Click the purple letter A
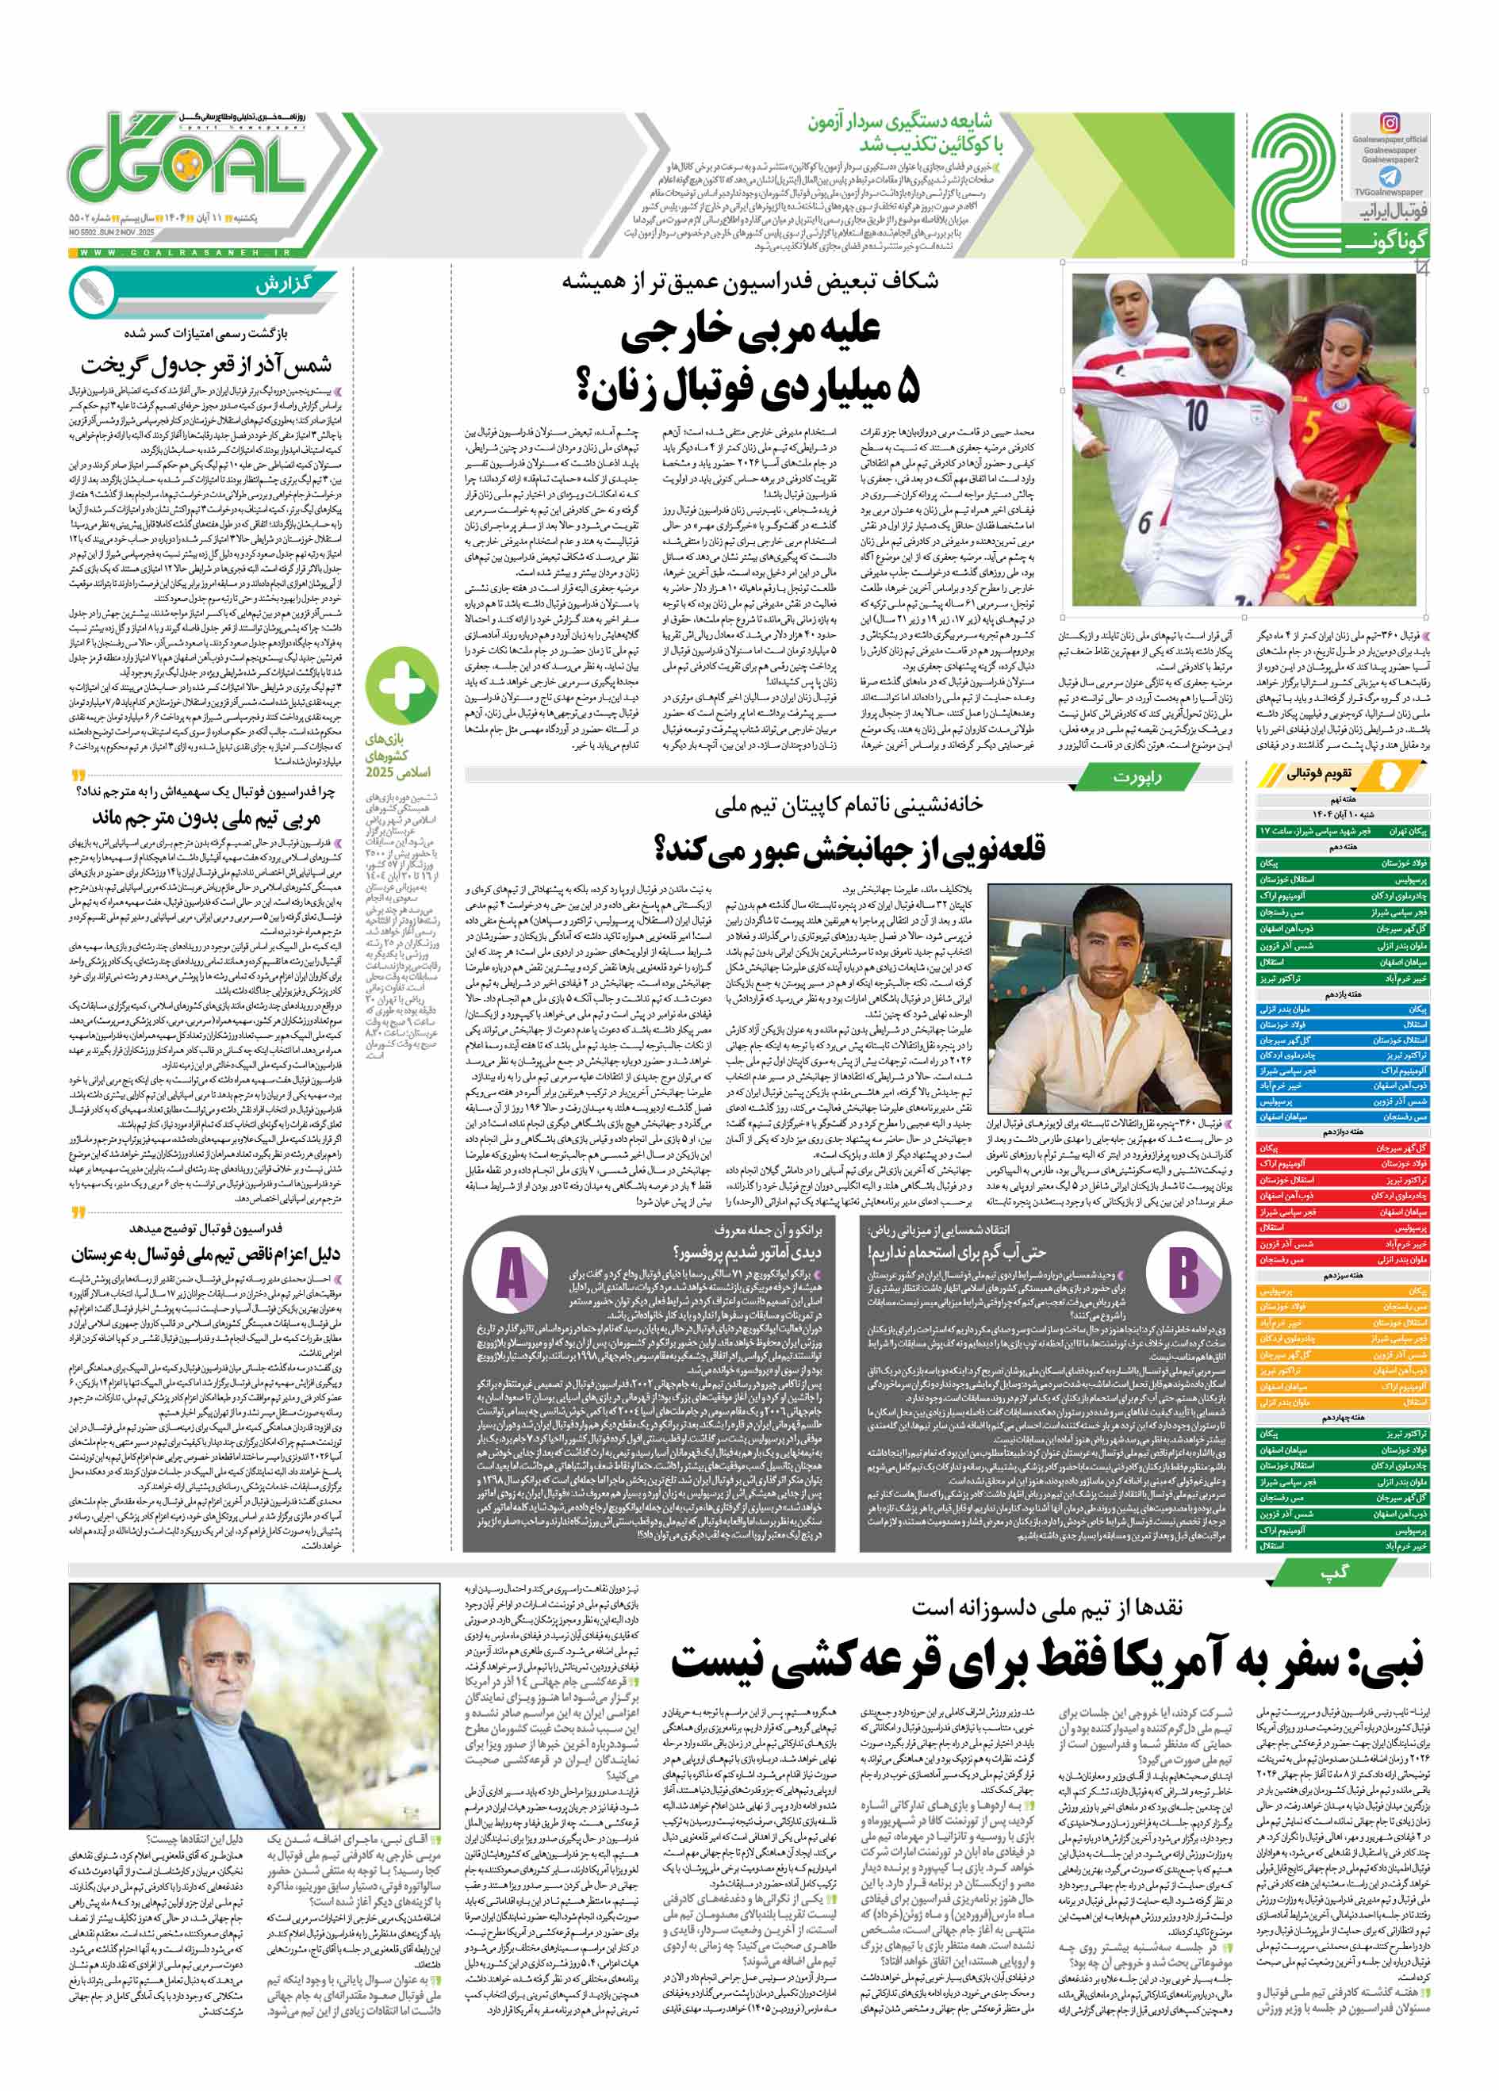512,1275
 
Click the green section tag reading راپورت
1131,777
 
